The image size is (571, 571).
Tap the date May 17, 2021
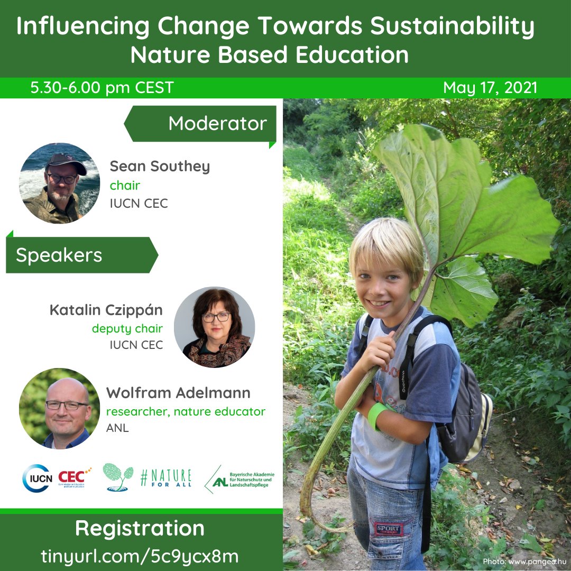(x=490, y=88)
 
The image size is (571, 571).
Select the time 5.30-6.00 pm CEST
(x=102, y=88)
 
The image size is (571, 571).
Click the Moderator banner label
(x=217, y=124)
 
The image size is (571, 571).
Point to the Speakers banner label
(x=59, y=255)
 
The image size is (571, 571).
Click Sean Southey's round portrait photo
(x=60, y=183)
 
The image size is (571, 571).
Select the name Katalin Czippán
(x=106, y=310)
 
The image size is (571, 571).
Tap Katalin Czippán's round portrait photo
(x=215, y=327)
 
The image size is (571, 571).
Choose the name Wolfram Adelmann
(x=178, y=393)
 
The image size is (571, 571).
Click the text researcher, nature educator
(x=186, y=411)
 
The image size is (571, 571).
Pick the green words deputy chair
(x=127, y=328)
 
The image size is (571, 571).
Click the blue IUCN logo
(x=37, y=478)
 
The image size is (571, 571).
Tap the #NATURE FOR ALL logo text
(x=165, y=477)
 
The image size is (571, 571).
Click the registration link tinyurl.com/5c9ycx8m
(x=140, y=556)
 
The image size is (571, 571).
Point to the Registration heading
(x=140, y=528)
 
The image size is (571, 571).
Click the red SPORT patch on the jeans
(x=389, y=529)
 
